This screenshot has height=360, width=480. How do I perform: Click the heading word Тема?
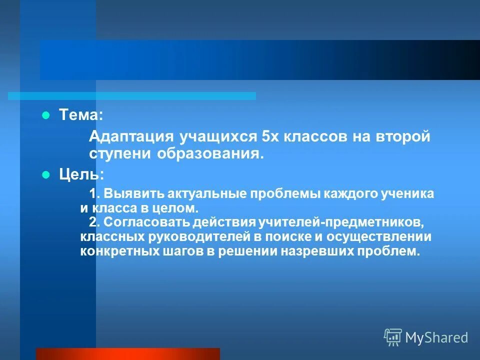point(81,115)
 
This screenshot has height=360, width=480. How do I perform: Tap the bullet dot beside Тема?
point(45,115)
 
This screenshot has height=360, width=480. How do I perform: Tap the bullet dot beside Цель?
point(45,175)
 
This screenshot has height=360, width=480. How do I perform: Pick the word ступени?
point(121,153)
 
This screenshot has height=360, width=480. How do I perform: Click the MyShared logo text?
point(436,337)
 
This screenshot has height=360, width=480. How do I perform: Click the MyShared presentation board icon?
point(393,337)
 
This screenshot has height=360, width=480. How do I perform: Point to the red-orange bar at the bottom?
point(127,354)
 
